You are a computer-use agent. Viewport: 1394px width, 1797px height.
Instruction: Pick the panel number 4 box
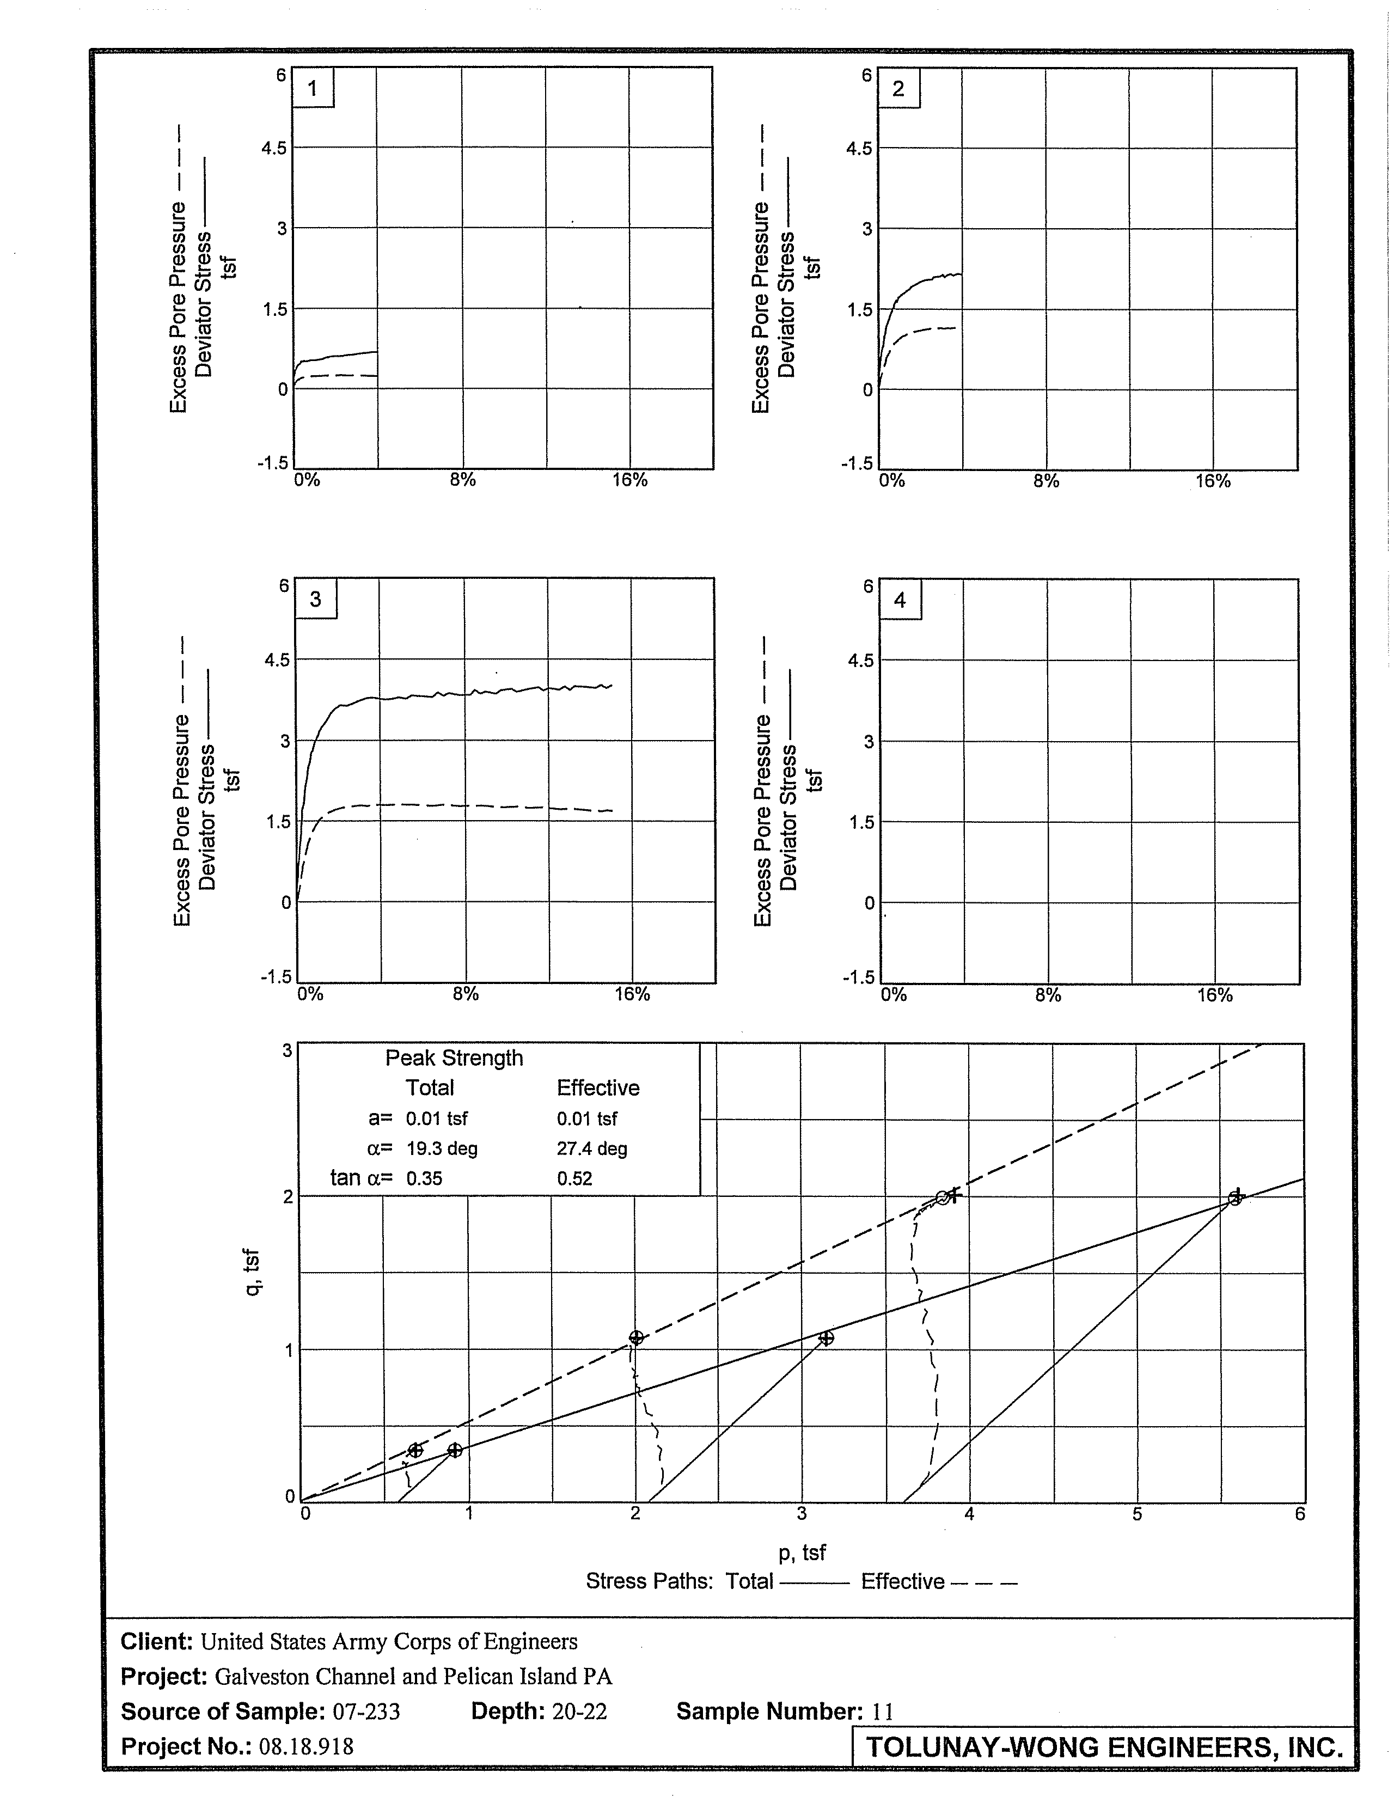pyautogui.click(x=900, y=601)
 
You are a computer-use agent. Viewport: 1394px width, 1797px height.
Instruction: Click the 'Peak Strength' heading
pyautogui.click(x=454, y=1058)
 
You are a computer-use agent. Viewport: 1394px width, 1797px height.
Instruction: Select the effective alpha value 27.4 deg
pyautogui.click(x=592, y=1148)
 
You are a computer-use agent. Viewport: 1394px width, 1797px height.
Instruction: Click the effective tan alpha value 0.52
pyautogui.click(x=574, y=1179)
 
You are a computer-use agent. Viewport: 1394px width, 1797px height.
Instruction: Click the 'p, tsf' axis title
pyautogui.click(x=802, y=1552)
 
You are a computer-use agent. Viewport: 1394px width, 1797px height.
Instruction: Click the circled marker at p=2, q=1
pyautogui.click(x=635, y=1338)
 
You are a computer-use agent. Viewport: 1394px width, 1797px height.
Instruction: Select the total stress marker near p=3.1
pyautogui.click(x=826, y=1338)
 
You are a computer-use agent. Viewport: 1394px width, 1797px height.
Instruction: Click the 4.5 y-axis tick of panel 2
pyautogui.click(x=860, y=149)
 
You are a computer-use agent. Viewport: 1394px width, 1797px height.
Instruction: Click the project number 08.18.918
pyautogui.click(x=306, y=1746)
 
